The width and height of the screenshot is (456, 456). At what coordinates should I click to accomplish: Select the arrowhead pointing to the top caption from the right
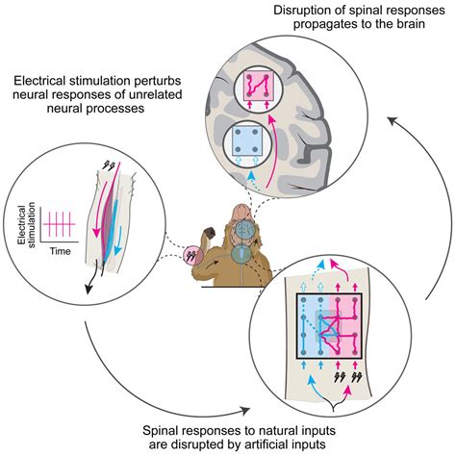393,118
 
